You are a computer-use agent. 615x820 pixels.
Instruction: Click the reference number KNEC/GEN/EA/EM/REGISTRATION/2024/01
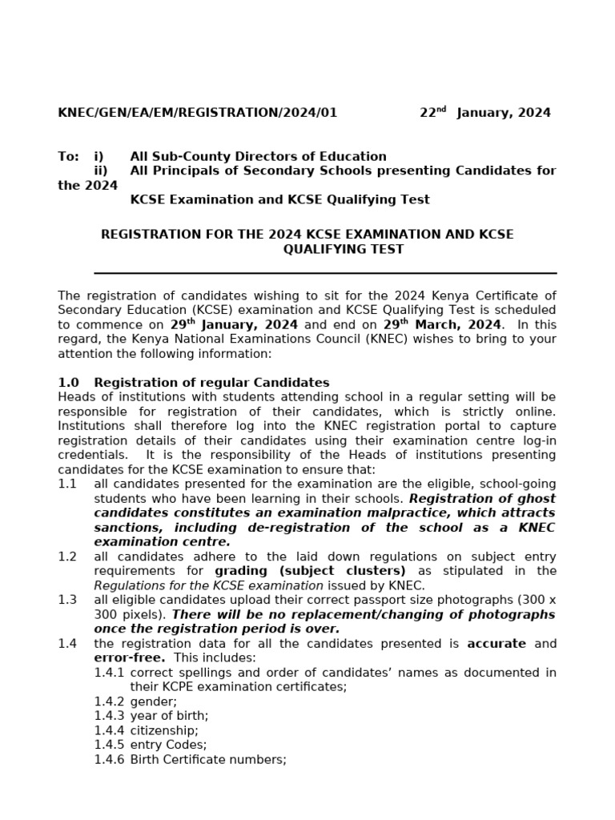[x=197, y=113]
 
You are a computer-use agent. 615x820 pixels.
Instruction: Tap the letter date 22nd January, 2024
[x=485, y=113]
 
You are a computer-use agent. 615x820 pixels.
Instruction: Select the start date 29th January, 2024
[x=234, y=325]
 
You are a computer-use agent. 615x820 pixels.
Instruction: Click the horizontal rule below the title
[x=325, y=273]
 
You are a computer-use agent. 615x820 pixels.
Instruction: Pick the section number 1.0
[x=68, y=383]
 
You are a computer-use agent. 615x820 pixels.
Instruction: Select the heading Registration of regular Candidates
[x=211, y=383]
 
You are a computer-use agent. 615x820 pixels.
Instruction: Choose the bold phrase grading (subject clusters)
[x=310, y=571]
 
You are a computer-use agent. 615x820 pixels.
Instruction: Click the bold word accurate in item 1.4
[x=496, y=644]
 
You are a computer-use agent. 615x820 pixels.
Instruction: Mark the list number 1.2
[x=67, y=557]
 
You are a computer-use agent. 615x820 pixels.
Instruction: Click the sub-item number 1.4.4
[x=109, y=730]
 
